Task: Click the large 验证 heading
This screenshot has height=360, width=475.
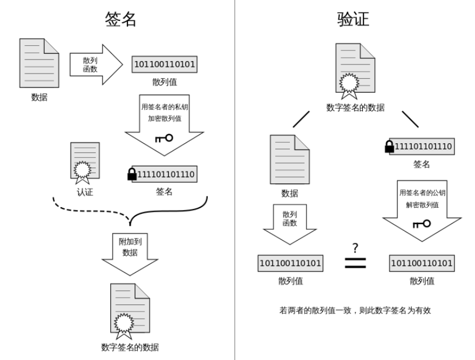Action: tap(353, 19)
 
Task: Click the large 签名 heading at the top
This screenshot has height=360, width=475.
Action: tap(121, 19)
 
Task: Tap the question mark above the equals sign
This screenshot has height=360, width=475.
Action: tap(355, 247)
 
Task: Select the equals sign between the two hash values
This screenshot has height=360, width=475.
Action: tap(355, 263)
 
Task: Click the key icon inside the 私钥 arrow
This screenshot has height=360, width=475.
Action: tap(164, 138)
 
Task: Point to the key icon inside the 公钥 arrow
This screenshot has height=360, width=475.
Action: tap(421, 224)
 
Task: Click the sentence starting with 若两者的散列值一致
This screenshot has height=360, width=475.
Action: tap(356, 310)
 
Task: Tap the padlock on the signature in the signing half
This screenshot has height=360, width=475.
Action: tap(132, 174)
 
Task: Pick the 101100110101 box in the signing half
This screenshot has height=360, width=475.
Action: tap(164, 65)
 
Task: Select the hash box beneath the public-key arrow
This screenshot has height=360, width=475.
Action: tap(422, 263)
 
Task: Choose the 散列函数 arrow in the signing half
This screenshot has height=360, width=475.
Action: tap(94, 64)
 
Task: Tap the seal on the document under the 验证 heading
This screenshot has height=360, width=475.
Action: tap(348, 84)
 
